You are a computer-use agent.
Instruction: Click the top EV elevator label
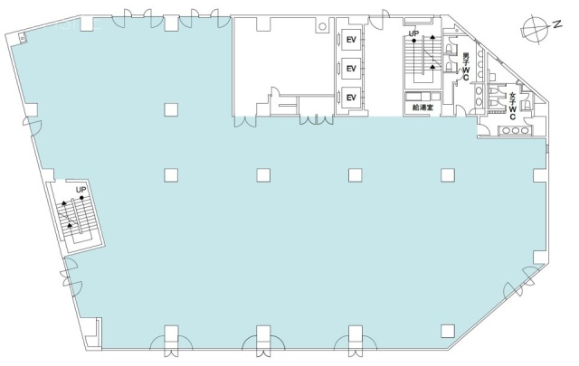tap(349, 39)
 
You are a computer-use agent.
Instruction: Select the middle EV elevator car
tap(349, 68)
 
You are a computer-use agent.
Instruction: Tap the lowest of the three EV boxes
tap(349, 97)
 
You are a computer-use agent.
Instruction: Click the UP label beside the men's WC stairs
tap(413, 34)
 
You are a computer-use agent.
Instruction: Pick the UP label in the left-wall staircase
tap(81, 190)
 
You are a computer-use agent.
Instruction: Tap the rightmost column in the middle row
tap(446, 174)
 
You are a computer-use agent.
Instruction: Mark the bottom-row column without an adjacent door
tap(446, 330)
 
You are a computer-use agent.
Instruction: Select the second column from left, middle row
tap(261, 174)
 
